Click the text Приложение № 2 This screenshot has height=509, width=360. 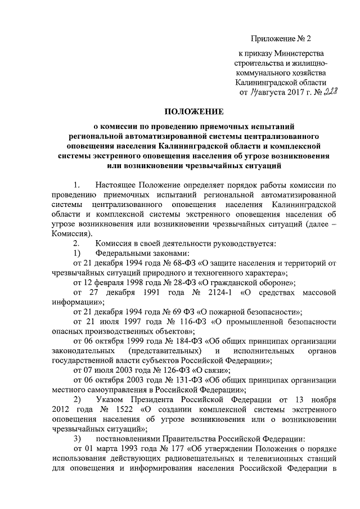(280, 39)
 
